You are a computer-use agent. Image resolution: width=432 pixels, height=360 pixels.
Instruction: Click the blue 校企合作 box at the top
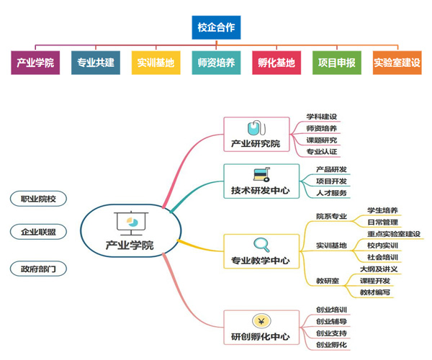click(x=216, y=28)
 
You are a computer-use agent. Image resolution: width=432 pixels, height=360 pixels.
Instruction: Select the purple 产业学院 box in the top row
click(x=35, y=63)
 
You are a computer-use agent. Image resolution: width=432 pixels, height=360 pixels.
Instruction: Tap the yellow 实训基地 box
click(x=156, y=63)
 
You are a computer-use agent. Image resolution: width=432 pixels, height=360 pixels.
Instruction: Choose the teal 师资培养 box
click(x=216, y=63)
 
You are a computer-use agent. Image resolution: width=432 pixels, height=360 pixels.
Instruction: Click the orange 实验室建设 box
click(x=397, y=63)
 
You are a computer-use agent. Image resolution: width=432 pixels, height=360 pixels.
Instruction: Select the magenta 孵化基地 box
click(x=276, y=63)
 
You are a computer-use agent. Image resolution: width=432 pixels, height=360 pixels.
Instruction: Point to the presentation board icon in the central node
click(x=130, y=222)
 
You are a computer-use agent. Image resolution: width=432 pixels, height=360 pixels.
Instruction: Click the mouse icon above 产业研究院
click(x=255, y=128)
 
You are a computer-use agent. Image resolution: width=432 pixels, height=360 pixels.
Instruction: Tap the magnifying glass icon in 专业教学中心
click(x=260, y=244)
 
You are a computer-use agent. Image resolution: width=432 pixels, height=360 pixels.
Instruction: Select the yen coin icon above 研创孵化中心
click(x=260, y=320)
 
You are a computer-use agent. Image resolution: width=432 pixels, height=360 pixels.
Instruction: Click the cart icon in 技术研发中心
click(x=260, y=175)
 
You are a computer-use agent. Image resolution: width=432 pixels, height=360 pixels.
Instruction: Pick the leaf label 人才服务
click(x=331, y=193)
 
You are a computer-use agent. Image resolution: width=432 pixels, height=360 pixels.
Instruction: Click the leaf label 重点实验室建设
click(x=393, y=233)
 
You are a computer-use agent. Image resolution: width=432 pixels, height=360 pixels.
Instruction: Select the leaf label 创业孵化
click(x=331, y=345)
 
